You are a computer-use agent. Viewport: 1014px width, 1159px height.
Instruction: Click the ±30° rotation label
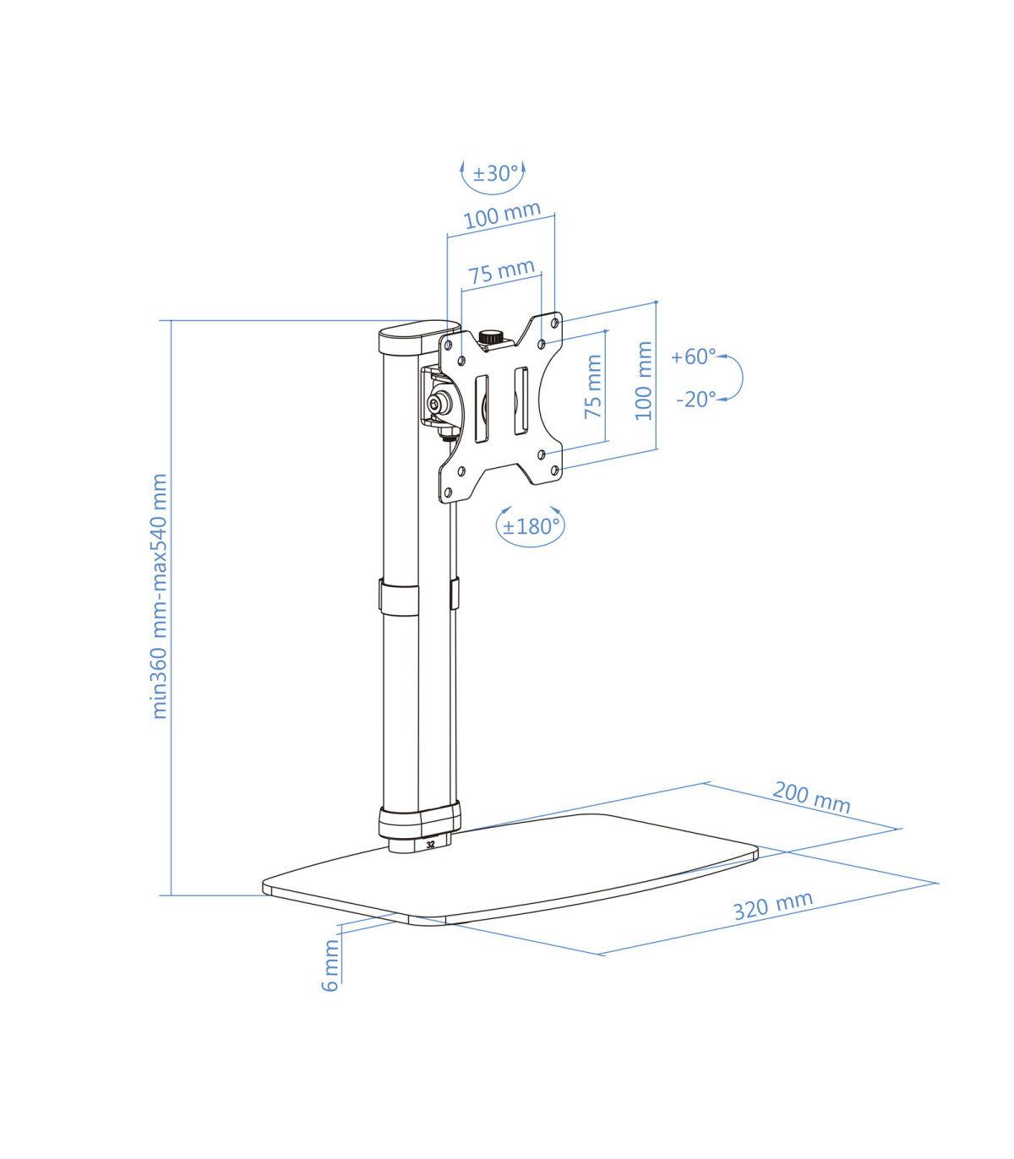496,173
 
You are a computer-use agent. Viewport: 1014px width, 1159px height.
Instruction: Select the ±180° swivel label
531,527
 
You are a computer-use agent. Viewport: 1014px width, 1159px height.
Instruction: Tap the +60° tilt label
693,356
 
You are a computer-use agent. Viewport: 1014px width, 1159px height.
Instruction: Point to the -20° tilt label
695,400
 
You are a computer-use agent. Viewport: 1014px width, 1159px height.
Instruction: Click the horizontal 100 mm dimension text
502,215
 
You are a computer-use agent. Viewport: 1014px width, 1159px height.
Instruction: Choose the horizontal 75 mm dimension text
501,271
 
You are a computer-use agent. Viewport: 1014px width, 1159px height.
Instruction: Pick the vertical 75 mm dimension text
592,386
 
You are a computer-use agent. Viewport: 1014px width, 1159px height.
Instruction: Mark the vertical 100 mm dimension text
644,381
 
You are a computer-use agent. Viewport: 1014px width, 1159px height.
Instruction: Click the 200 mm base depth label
811,797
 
